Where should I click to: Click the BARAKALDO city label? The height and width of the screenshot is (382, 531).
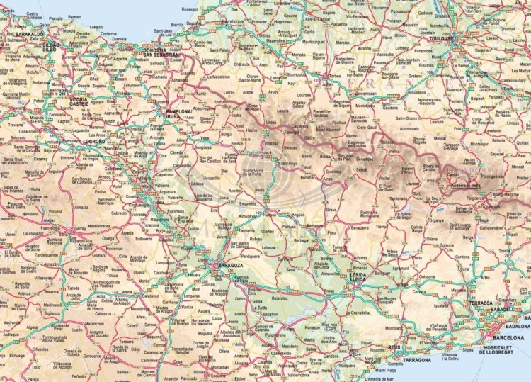click(x=29, y=33)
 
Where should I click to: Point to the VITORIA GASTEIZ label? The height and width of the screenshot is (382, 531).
click(x=79, y=99)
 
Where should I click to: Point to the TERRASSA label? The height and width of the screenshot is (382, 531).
click(x=479, y=303)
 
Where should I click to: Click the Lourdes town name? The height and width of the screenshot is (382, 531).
click(x=305, y=95)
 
